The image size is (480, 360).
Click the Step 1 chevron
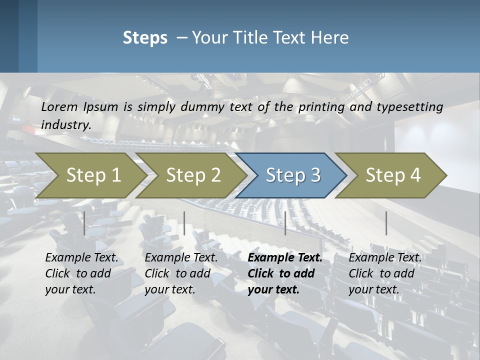pyautogui.click(x=93, y=175)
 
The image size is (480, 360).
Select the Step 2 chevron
pyautogui.click(x=193, y=175)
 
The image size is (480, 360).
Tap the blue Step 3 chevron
pyautogui.click(x=293, y=175)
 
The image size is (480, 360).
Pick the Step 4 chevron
pyautogui.click(x=393, y=175)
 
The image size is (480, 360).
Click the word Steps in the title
pyautogui.click(x=145, y=38)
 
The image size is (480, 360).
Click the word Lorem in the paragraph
pyautogui.click(x=59, y=107)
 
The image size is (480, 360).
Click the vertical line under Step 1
pyautogui.click(x=84, y=223)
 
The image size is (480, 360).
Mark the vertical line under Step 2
pyautogui.click(x=184, y=223)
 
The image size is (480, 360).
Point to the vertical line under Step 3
pyautogui.click(x=285, y=223)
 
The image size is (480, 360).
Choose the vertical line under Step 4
pyautogui.click(x=386, y=223)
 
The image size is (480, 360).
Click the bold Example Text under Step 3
pyautogui.click(x=285, y=258)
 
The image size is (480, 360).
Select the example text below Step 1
pyautogui.click(x=81, y=273)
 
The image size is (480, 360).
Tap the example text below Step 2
pyautogui.click(x=181, y=273)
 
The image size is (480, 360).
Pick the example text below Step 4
pyautogui.click(x=385, y=273)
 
